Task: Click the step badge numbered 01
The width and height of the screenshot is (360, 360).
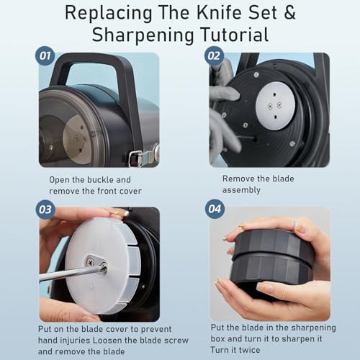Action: pyautogui.click(x=45, y=56)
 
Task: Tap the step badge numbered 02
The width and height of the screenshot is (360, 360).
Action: pyautogui.click(x=214, y=56)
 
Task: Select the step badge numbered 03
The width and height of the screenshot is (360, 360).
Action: pyautogui.click(x=45, y=210)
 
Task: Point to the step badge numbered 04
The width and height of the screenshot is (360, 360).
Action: pyautogui.click(x=215, y=209)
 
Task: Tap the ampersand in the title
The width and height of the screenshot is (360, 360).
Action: pyautogui.click(x=289, y=13)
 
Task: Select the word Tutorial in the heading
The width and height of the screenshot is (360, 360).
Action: pyautogui.click(x=235, y=35)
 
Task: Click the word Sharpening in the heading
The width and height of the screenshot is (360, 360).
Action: pyautogui.click(x=143, y=35)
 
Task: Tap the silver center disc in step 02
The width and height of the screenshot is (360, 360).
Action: pyautogui.click(x=275, y=106)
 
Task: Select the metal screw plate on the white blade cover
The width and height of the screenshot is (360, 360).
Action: pyautogui.click(x=96, y=261)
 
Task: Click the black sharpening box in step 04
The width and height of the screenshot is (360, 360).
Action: pyautogui.click(x=271, y=259)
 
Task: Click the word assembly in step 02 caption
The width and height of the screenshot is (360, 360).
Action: pyautogui.click(x=241, y=190)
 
